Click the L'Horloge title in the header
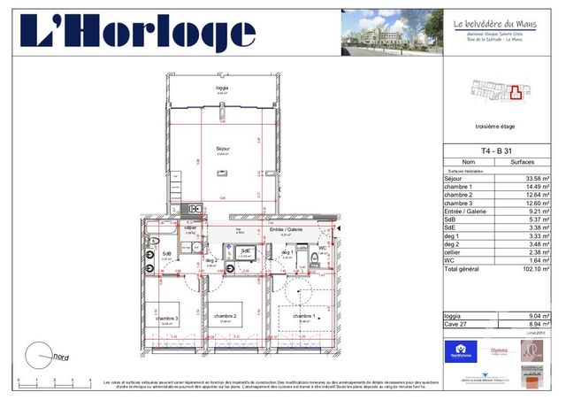click(139, 33)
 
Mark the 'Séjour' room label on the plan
click(223, 149)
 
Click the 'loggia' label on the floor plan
click(223, 89)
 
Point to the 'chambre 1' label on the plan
click(303, 316)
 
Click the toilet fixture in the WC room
click(316, 259)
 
